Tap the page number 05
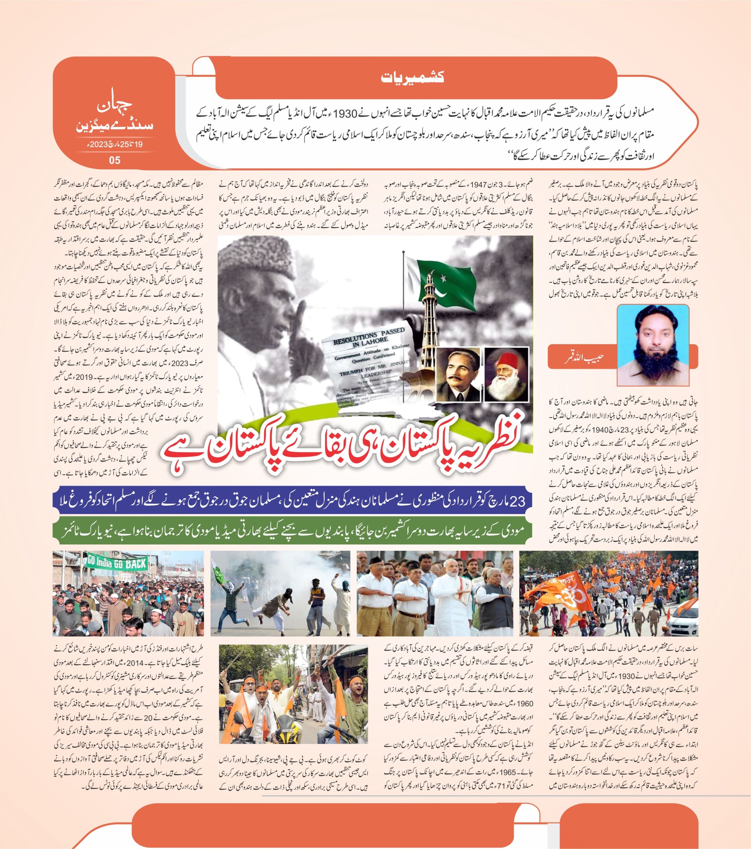(114, 160)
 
